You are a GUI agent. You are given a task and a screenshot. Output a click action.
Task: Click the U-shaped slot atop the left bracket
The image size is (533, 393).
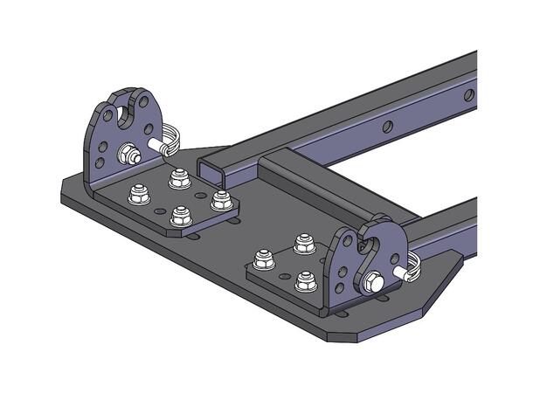pyautogui.click(x=131, y=107)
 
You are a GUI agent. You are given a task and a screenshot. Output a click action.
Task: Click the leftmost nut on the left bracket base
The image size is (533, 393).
pyautogui.click(x=137, y=194)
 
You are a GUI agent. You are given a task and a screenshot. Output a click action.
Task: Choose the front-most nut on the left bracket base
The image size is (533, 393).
pyautogui.click(x=180, y=214)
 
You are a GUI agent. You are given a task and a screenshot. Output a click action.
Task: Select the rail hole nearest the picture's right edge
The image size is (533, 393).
pyautogui.click(x=468, y=94)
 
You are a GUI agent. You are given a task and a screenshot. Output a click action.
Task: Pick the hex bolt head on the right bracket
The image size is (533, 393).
pyautogui.click(x=370, y=281)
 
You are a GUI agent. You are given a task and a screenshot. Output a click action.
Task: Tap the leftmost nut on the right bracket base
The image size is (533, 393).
pyautogui.click(x=260, y=258)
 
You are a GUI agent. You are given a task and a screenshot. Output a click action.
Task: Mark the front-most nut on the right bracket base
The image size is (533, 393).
pyautogui.click(x=304, y=280)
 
